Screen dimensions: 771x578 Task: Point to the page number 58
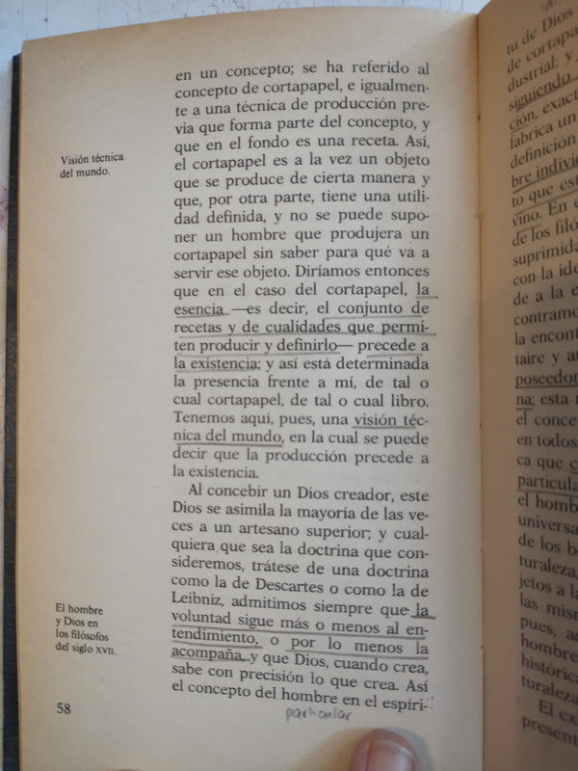(65, 709)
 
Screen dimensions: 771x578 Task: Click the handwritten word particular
(318, 716)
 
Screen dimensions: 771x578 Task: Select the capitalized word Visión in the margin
(79, 159)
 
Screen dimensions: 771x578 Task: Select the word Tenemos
(208, 420)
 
